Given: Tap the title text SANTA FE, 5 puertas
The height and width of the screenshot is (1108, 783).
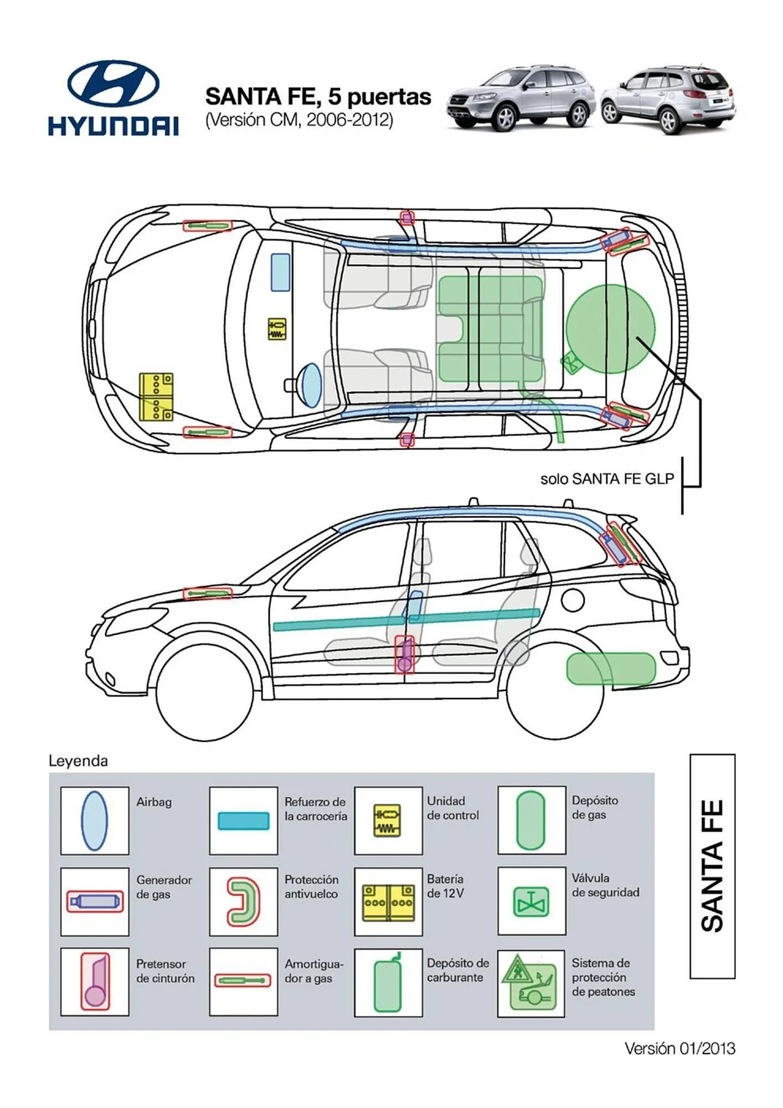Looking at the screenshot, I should click(x=318, y=96).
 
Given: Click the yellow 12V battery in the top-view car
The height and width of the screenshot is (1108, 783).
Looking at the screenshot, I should click(x=156, y=396).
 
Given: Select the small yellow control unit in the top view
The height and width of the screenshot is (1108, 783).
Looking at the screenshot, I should click(x=277, y=329).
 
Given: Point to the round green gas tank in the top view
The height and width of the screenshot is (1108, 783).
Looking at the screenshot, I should click(x=609, y=328).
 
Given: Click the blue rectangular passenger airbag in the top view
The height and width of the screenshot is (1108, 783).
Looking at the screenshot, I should click(x=280, y=272).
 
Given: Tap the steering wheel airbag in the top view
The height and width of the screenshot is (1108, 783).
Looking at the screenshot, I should click(x=311, y=382).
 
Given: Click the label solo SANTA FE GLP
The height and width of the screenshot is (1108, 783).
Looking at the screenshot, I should click(x=607, y=479).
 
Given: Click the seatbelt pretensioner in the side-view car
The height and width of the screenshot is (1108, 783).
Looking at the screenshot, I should click(x=405, y=655).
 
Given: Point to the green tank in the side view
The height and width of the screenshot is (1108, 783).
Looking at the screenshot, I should click(x=611, y=668).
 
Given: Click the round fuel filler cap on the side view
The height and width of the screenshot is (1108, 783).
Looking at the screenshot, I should click(x=573, y=599).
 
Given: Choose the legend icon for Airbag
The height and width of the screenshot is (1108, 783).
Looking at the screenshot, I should click(x=94, y=820).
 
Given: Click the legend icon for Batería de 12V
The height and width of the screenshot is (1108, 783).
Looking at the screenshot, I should click(x=388, y=902).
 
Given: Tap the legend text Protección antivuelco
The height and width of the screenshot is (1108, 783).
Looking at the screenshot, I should click(x=312, y=886).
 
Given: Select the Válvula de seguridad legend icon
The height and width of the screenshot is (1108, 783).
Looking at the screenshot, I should click(x=531, y=901).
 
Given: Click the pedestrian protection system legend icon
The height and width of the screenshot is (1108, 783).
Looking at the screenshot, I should click(x=530, y=983).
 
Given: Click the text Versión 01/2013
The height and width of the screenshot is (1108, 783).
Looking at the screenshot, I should click(x=679, y=1048).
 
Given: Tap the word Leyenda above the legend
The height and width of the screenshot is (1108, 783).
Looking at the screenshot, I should click(x=78, y=761).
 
